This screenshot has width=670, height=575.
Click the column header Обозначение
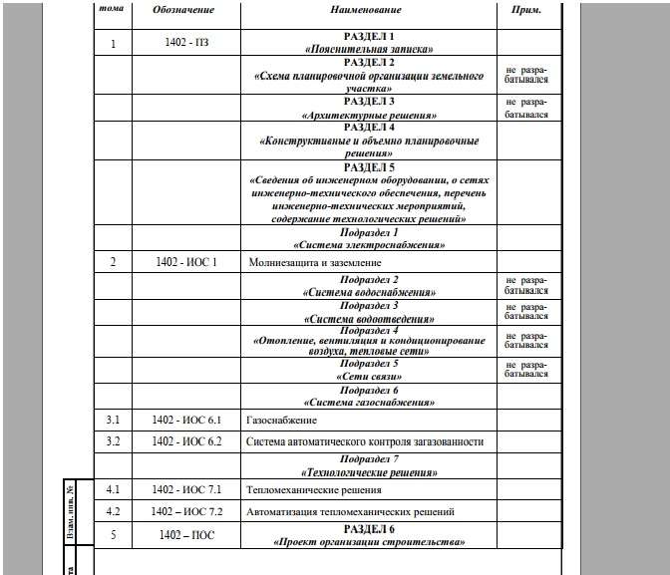(180, 10)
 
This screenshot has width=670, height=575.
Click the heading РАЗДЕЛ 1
(370, 36)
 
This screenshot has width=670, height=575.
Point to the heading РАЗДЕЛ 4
(370, 128)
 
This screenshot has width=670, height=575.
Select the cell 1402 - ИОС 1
(186, 261)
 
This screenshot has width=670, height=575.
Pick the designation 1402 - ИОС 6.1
(186, 421)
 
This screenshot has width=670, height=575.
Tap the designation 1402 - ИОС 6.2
(186, 440)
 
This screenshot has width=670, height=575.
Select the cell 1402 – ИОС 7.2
(186, 511)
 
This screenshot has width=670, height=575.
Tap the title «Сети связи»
(370, 377)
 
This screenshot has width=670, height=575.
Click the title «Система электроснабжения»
(370, 244)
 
